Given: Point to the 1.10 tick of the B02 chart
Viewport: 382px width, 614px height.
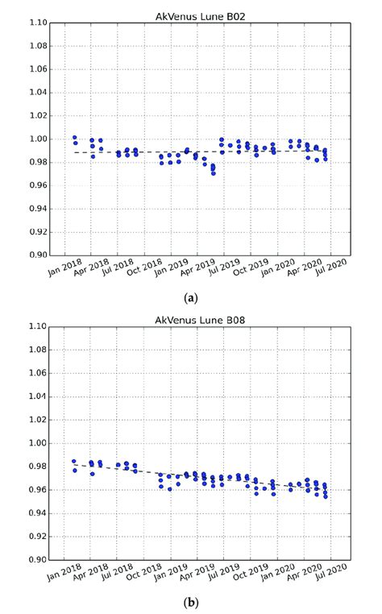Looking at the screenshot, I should click(x=39, y=23).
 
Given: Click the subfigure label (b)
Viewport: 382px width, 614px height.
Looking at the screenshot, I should click(x=191, y=602).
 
